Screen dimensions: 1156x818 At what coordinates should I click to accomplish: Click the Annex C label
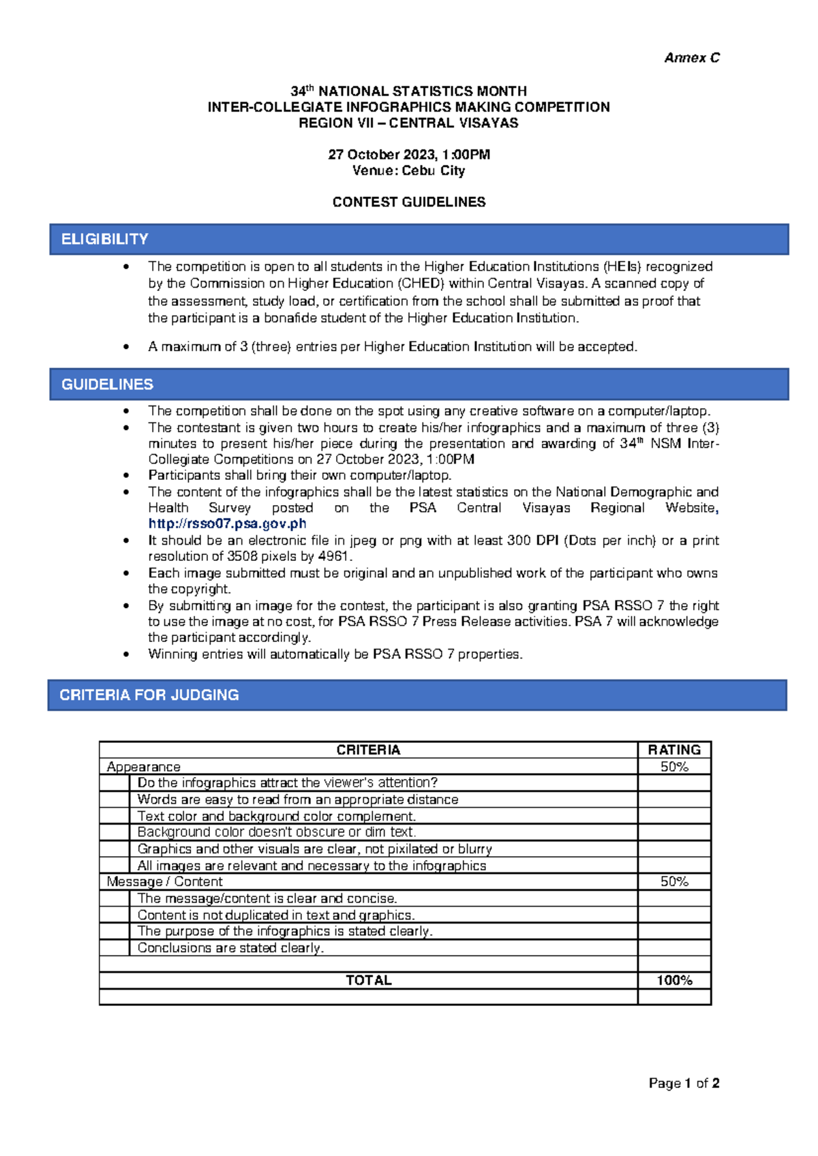click(x=691, y=58)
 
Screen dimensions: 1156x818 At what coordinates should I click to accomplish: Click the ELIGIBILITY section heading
click(x=104, y=239)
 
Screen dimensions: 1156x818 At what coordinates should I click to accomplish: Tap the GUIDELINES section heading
click(x=107, y=384)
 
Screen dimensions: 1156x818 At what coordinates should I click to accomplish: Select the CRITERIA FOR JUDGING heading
click(x=149, y=695)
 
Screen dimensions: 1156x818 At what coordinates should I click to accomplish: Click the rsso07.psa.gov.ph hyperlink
click(x=227, y=523)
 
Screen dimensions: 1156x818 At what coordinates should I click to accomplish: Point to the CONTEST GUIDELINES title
click(x=408, y=202)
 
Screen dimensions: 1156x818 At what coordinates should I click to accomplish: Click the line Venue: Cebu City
click(x=408, y=170)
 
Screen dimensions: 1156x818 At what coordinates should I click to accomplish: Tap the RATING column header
click(x=673, y=750)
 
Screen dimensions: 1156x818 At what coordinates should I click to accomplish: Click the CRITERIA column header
click(x=368, y=750)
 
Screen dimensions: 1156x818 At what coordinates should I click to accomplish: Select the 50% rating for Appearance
click(x=673, y=767)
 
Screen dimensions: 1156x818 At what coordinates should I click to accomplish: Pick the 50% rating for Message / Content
click(x=673, y=881)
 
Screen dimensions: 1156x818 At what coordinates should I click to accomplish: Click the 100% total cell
click(x=673, y=980)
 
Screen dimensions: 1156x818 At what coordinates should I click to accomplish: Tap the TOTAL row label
click(x=368, y=980)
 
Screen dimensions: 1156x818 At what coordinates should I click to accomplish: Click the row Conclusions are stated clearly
click(x=230, y=947)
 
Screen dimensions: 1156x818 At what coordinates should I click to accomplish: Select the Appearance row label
click(x=143, y=767)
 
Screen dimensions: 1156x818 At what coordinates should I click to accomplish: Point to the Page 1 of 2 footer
click(x=684, y=1083)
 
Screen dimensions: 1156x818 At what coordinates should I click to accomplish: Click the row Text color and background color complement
click(x=276, y=816)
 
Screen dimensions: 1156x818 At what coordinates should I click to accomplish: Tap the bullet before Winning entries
click(x=126, y=654)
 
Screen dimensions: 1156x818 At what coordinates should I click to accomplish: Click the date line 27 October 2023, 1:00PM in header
click(x=408, y=155)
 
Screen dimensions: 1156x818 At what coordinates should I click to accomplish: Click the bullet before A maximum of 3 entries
click(x=126, y=347)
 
